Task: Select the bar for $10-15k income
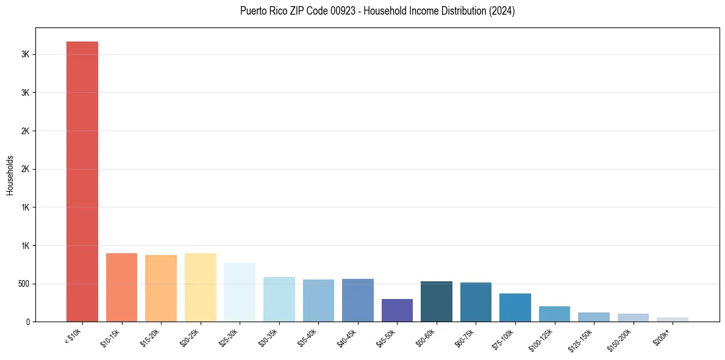pyautogui.click(x=121, y=287)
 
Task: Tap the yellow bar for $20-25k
pyautogui.click(x=200, y=287)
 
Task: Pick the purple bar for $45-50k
pyautogui.click(x=397, y=310)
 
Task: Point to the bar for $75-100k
pyautogui.click(x=515, y=308)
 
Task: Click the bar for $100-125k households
pyautogui.click(x=554, y=314)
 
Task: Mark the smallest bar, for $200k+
pyautogui.click(x=673, y=319)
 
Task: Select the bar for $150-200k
pyautogui.click(x=633, y=317)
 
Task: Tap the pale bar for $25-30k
pyautogui.click(x=240, y=292)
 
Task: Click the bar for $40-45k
pyautogui.click(x=358, y=300)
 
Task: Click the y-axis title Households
pyautogui.click(x=10, y=175)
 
